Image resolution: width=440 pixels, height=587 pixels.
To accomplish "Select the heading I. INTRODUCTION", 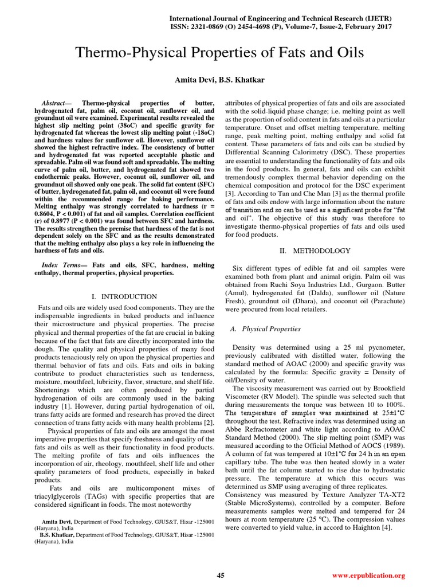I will point(124,296).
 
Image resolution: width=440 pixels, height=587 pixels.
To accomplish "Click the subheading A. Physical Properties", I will point(265,329).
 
